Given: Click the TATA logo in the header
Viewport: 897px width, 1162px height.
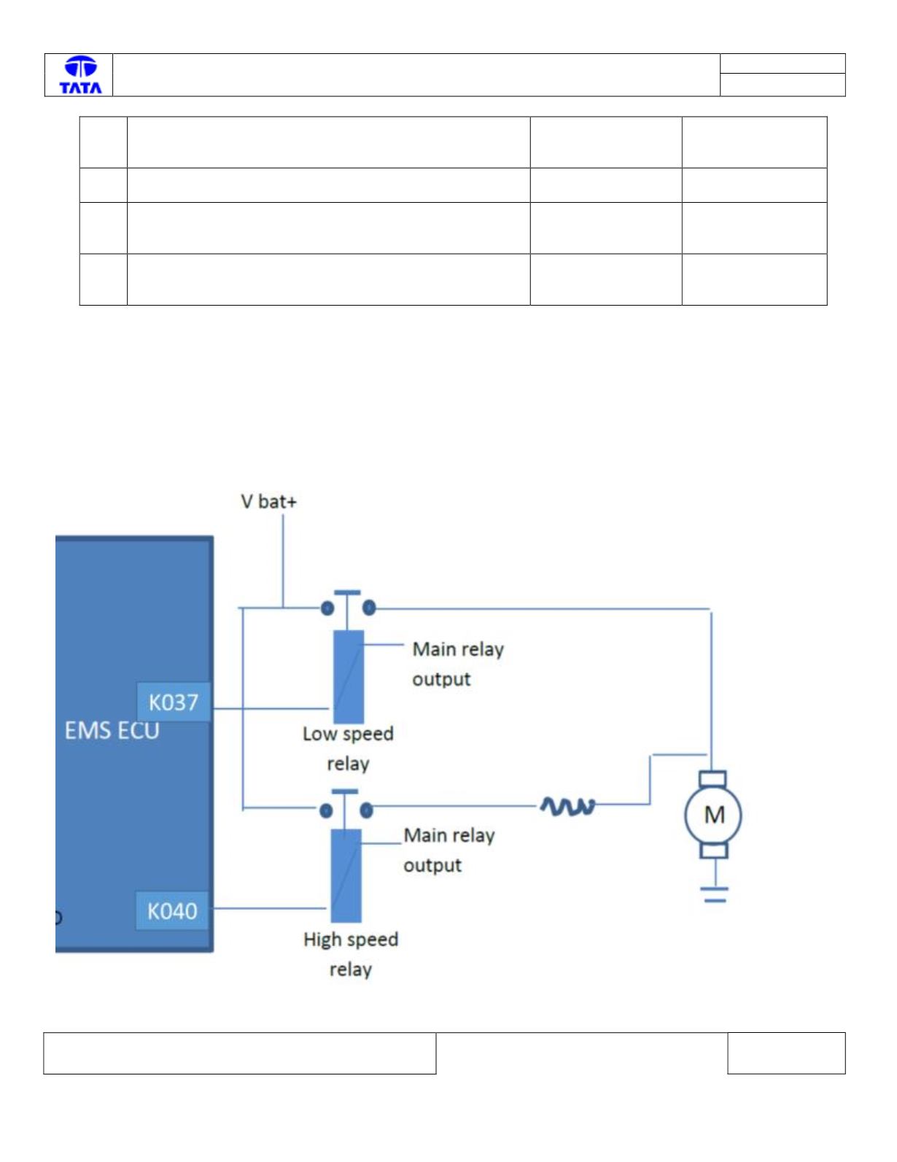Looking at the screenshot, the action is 80,75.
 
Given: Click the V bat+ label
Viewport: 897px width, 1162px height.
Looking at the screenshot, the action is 268,502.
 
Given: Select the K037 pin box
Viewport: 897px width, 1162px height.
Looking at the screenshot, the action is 174,702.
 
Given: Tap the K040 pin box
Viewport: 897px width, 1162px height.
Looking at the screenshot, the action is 172,910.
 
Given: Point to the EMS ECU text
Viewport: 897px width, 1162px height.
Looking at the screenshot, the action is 112,730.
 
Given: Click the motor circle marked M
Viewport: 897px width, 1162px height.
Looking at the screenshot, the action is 713,815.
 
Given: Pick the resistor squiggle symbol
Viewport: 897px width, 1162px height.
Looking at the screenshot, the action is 567,806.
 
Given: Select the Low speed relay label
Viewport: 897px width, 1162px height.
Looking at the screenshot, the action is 348,748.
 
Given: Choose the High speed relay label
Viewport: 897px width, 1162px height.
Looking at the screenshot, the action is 351,955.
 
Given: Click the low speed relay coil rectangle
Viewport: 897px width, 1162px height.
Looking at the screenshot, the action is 349,677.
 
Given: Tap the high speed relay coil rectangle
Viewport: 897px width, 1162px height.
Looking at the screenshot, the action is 346,876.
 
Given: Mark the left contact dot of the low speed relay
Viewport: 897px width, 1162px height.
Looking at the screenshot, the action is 327,608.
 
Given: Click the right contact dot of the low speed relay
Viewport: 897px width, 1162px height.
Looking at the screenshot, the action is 369,608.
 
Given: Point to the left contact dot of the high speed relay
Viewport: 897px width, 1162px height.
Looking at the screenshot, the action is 326,811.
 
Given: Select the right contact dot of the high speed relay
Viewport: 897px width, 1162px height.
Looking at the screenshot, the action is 366,810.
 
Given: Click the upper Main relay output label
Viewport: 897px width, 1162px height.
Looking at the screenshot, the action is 458,664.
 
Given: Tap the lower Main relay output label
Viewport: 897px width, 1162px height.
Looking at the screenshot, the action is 449,851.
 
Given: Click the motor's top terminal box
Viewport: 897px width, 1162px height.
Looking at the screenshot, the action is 712,778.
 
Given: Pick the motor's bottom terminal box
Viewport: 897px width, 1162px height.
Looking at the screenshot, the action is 714,851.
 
